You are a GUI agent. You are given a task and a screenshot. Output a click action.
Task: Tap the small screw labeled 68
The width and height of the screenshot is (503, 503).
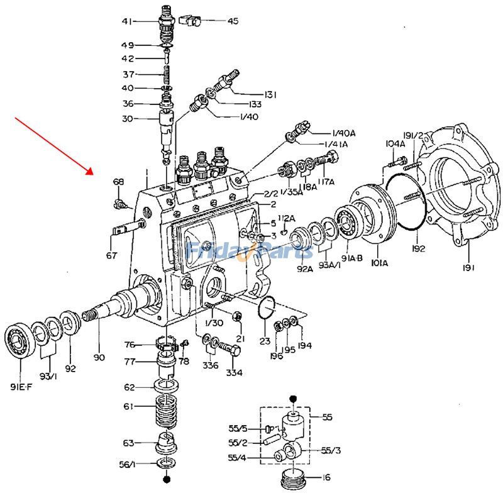pyautogui.click(x=119, y=203)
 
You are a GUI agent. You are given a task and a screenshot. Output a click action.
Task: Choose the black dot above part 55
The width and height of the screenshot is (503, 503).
pyautogui.click(x=293, y=399)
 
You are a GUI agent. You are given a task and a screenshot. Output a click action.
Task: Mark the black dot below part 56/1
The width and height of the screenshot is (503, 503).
pyautogui.click(x=167, y=480)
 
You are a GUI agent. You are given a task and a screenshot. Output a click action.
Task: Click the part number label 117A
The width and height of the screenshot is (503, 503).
pyautogui.click(x=326, y=182)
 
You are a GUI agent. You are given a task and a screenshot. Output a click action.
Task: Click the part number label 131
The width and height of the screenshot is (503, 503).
pyautogui.click(x=270, y=94)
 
